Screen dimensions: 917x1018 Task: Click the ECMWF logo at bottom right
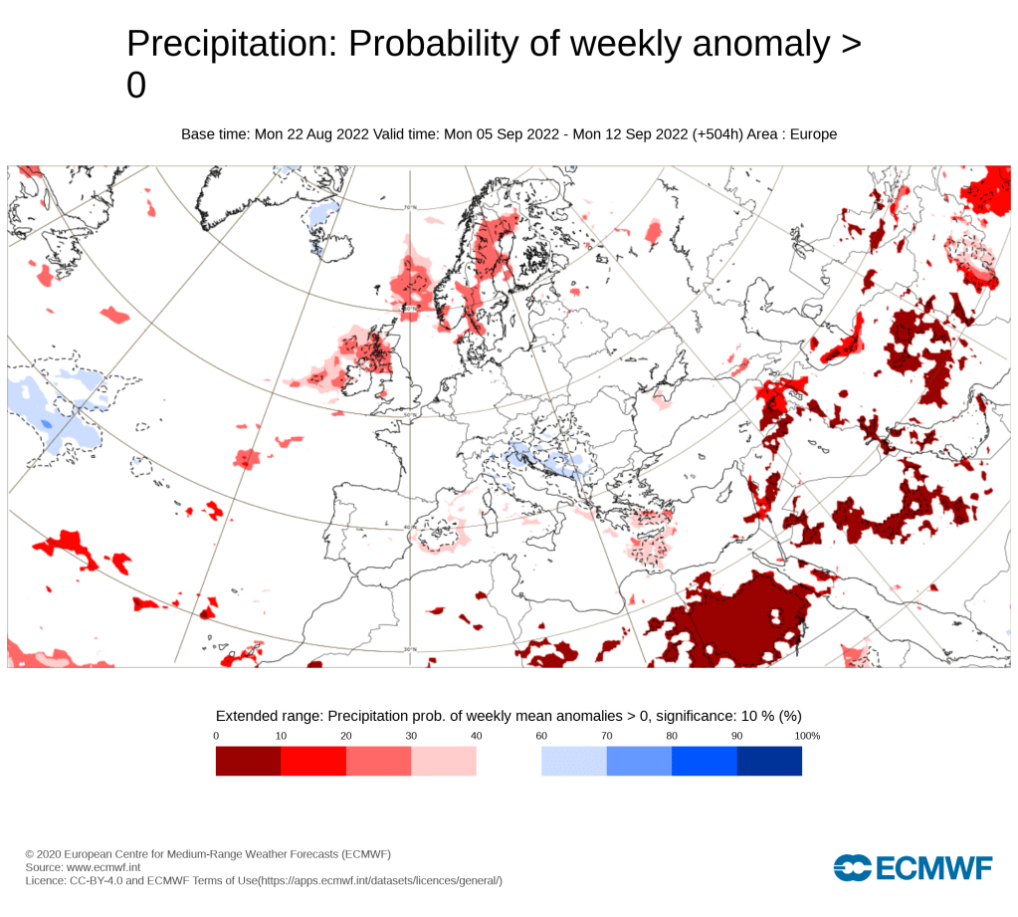914,867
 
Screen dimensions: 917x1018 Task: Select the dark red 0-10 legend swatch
248,761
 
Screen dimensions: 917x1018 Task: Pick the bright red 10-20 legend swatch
313,761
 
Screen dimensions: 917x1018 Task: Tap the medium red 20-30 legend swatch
378,761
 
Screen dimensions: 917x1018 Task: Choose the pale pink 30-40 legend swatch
444,761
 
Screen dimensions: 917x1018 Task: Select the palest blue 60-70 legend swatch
573,761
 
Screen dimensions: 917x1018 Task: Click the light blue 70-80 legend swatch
639,761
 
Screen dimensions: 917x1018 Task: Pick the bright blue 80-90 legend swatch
704,761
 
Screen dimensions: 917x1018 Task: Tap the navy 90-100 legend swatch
769,761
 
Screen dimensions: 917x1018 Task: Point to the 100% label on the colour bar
807,736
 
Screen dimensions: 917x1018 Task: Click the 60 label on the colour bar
541,736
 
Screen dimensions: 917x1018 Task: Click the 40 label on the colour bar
477,736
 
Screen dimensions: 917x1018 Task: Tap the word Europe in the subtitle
813,134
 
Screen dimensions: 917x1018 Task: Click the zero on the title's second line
136,87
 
